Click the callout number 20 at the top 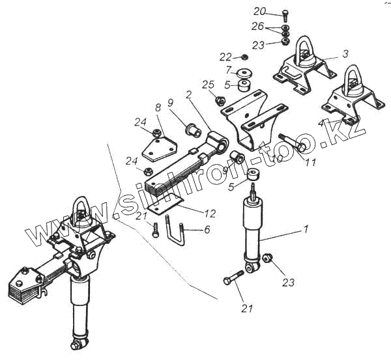(260, 12)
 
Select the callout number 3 (345, 53)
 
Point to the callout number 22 (225, 57)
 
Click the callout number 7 (228, 70)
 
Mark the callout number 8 (158, 107)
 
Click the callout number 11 (310, 163)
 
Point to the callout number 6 (207, 229)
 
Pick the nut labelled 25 (220, 101)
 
